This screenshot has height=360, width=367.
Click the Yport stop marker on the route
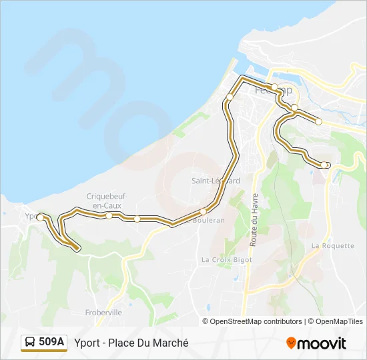[40, 217]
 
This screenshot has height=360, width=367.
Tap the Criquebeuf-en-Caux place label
[107, 200]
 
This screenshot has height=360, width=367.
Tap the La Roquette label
[333, 245]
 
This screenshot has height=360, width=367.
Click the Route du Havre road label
[254, 220]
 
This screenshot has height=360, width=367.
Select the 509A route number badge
[52, 342]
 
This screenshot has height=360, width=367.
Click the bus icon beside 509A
[30, 343]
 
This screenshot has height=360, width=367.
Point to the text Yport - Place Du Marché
[131, 343]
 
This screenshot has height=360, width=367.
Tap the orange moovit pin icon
[291, 343]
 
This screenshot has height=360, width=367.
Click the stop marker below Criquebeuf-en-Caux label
[109, 215]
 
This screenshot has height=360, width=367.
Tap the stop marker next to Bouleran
[203, 212]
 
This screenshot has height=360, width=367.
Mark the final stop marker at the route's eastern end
[324, 165]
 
